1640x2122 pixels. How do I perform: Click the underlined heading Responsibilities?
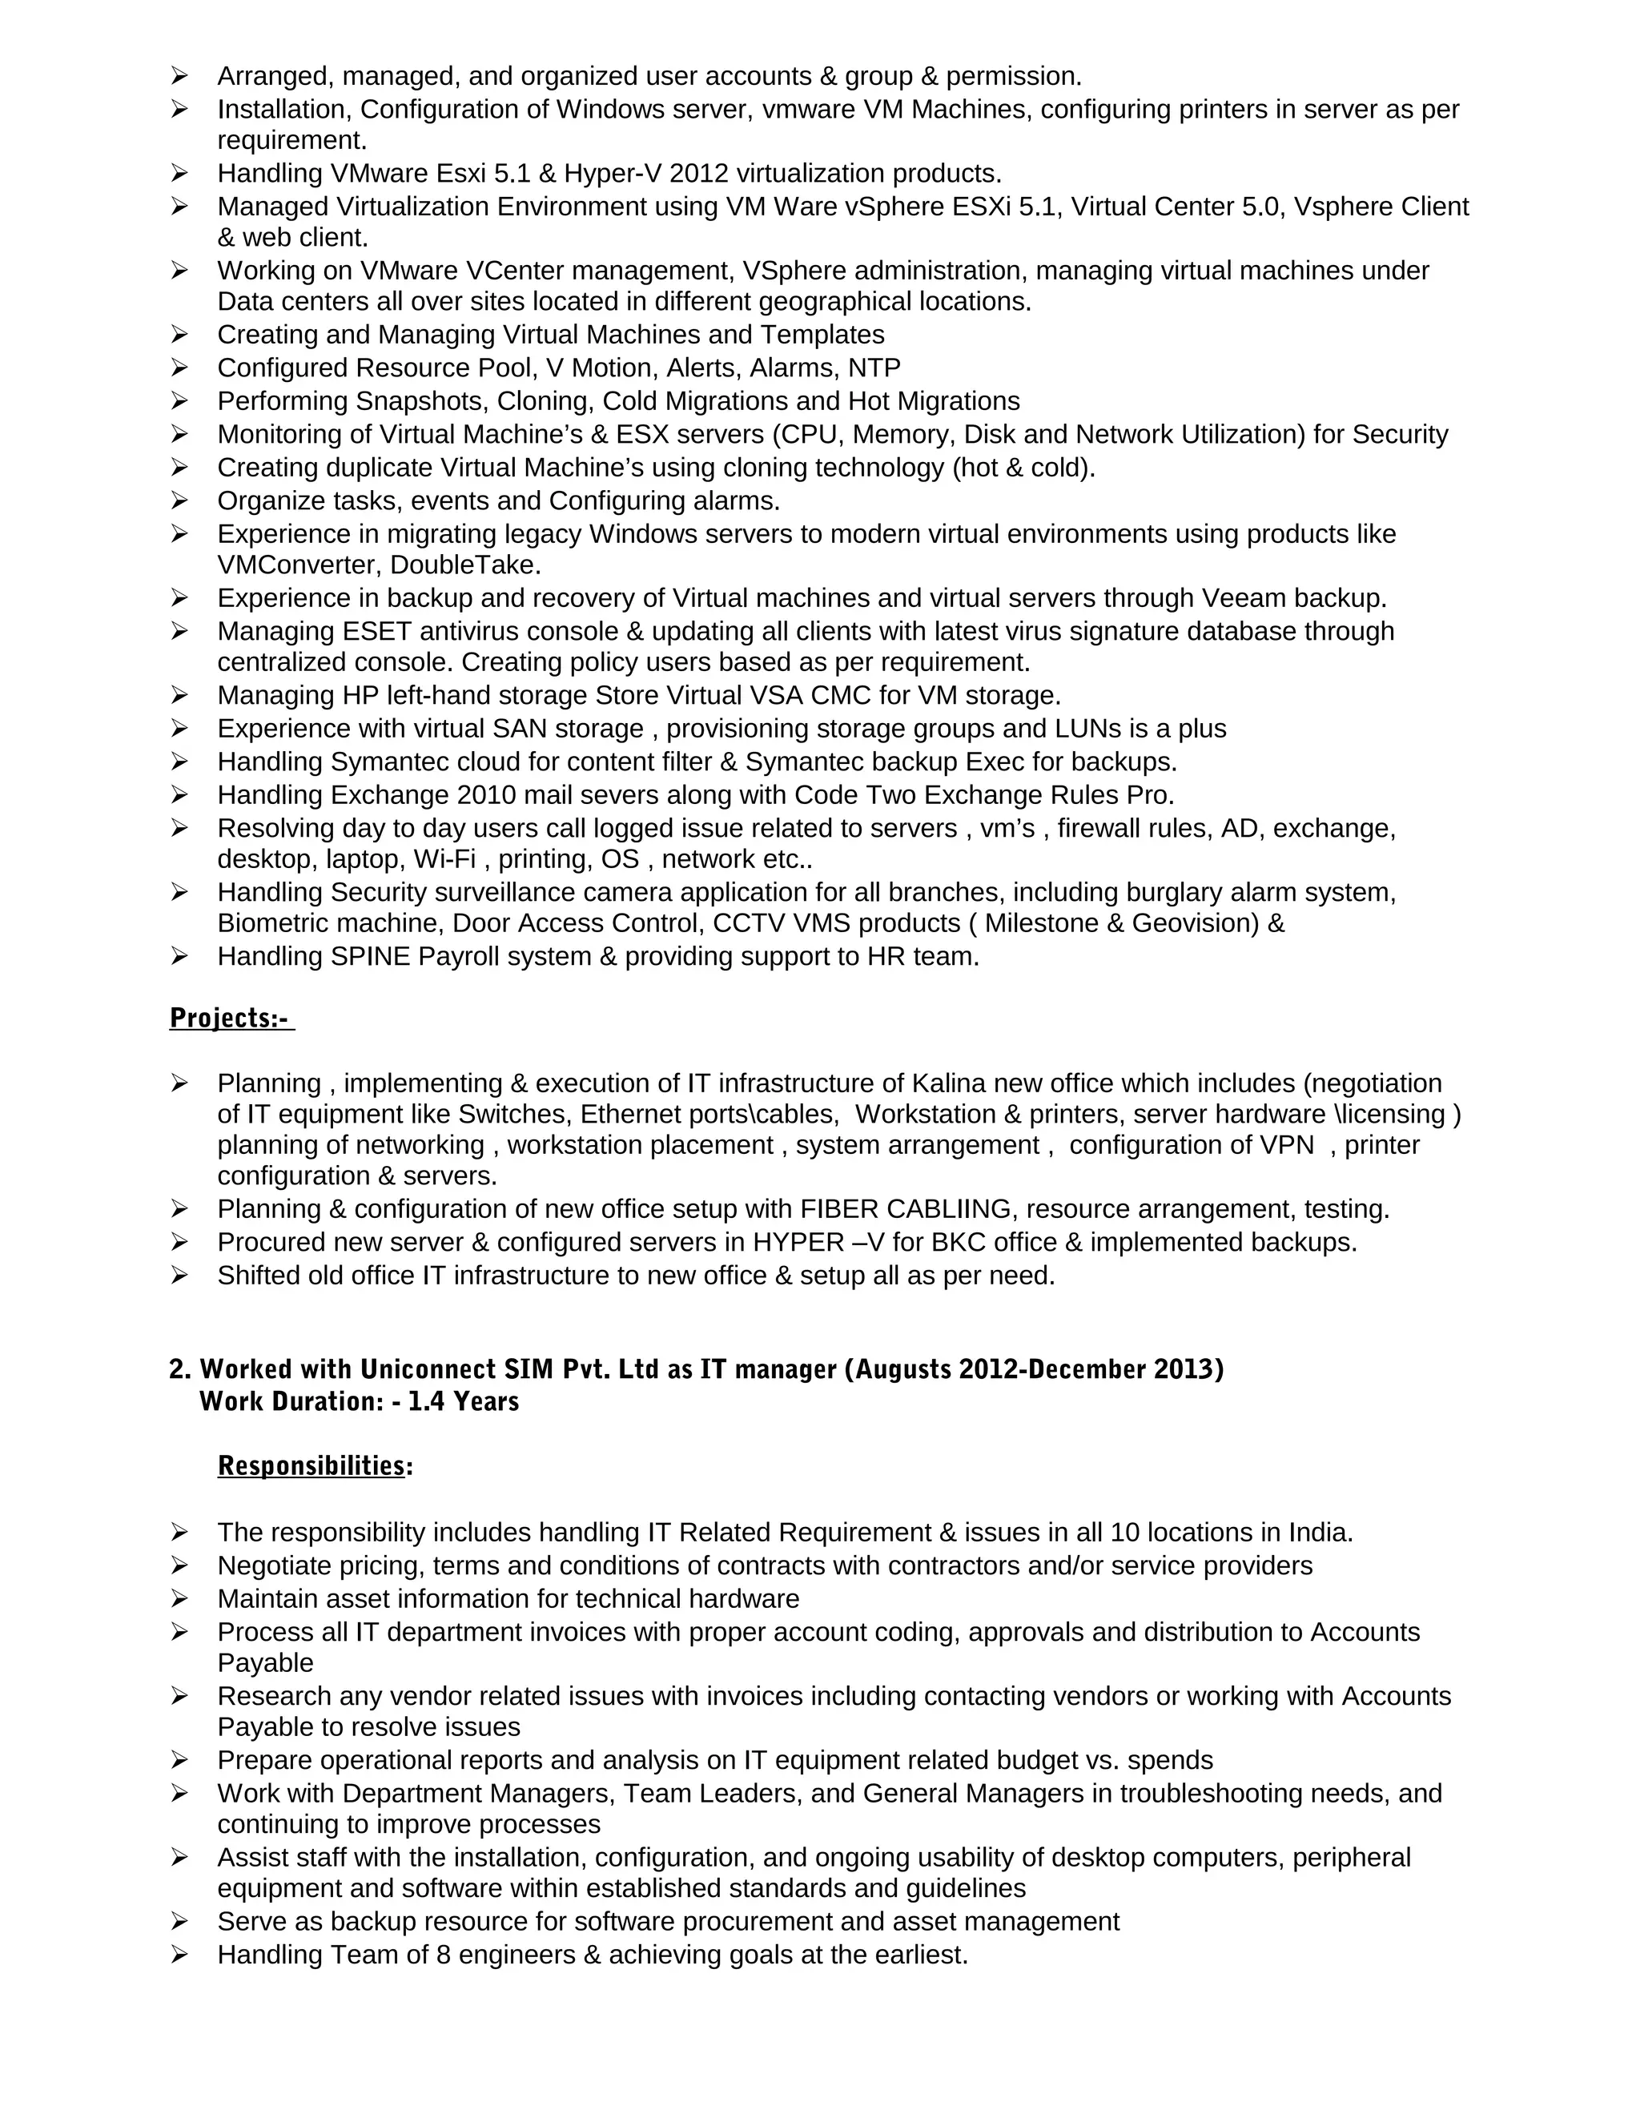click(311, 1465)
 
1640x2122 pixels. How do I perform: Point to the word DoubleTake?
click(465, 565)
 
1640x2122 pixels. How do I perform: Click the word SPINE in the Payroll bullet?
click(372, 956)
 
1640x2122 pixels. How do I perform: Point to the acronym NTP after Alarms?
click(874, 368)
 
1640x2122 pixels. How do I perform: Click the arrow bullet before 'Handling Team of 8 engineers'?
click(179, 1954)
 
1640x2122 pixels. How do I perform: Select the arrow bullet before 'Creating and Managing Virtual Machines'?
click(179, 334)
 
